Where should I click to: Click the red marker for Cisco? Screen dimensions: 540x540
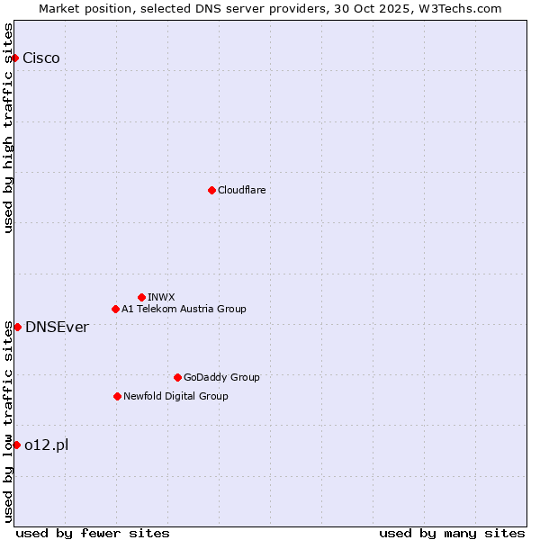click(14, 58)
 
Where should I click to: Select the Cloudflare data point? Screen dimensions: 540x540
click(211, 190)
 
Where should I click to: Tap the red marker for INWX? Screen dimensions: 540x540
click(141, 297)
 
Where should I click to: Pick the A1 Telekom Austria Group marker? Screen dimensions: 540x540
click(115, 310)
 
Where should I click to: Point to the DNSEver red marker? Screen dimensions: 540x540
click(17, 327)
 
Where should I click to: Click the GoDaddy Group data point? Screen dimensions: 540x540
click(177, 377)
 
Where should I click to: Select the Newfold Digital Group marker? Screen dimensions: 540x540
click(117, 396)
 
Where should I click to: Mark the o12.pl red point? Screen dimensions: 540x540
click(16, 445)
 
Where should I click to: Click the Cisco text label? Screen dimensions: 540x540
click(41, 58)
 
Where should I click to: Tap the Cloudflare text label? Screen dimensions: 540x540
click(242, 190)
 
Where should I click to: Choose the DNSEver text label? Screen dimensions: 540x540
click(57, 327)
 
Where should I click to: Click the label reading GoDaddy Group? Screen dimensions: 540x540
click(221, 377)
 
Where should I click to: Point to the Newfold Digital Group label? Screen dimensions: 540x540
click(175, 396)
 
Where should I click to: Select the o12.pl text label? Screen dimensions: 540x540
click(47, 445)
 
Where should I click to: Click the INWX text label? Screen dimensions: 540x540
click(161, 297)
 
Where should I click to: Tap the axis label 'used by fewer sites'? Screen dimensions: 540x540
click(93, 533)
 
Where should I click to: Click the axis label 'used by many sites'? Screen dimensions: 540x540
click(452, 533)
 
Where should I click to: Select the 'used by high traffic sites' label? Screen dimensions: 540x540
click(9, 128)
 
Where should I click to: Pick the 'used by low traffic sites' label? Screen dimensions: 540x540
click(9, 421)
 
